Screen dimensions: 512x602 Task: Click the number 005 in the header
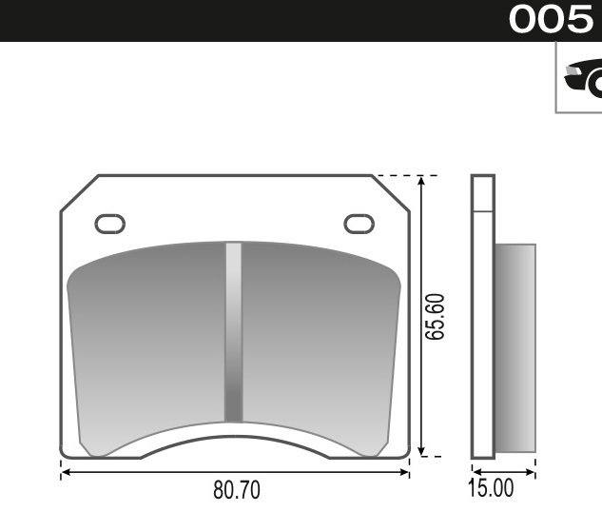(551, 20)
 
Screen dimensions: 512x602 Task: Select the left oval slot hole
(109, 224)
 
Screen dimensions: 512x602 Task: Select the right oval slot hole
(359, 224)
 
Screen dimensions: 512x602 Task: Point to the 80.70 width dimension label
(236, 490)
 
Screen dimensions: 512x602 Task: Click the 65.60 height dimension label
(435, 315)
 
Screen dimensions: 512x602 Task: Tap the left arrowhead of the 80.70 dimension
(66, 471)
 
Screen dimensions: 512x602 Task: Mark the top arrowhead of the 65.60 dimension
(421, 181)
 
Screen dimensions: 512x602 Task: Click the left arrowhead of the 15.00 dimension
(476, 471)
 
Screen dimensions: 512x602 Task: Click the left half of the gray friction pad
(147, 333)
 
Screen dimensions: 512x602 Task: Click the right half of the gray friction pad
(319, 333)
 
